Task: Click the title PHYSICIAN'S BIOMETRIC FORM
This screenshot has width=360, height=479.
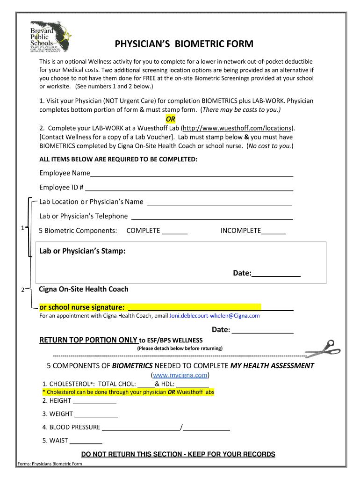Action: tap(184, 44)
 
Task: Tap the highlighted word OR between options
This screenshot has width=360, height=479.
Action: tap(171, 119)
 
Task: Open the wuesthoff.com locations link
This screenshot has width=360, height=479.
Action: tap(238, 128)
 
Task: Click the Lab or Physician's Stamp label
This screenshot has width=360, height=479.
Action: tap(82, 251)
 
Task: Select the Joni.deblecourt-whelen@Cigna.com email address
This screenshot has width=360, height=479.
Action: tap(214, 316)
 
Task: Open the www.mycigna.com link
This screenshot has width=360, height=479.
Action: tap(180, 375)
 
